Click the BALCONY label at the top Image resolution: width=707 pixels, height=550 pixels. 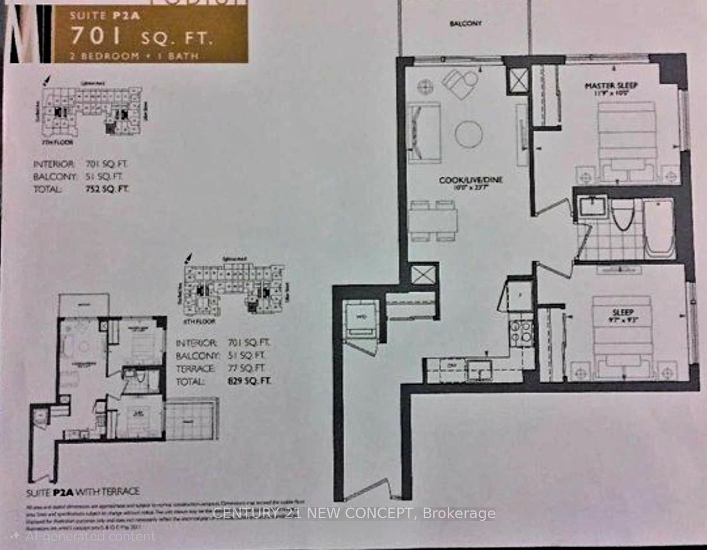tap(466, 24)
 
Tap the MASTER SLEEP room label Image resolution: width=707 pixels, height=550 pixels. tap(611, 86)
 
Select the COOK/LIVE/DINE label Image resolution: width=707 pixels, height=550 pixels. tap(470, 181)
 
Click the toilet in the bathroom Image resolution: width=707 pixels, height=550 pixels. tap(622, 215)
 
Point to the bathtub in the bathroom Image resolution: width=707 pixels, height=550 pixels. tap(659, 228)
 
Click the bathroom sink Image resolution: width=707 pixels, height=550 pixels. tap(593, 206)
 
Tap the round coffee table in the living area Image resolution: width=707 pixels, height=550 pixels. tap(469, 134)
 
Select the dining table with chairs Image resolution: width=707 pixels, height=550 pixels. tap(433, 220)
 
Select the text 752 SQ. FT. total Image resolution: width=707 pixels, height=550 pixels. tap(105, 189)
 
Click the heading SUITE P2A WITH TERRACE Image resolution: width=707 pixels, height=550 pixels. tap(82, 491)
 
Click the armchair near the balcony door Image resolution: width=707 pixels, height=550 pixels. tap(459, 83)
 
